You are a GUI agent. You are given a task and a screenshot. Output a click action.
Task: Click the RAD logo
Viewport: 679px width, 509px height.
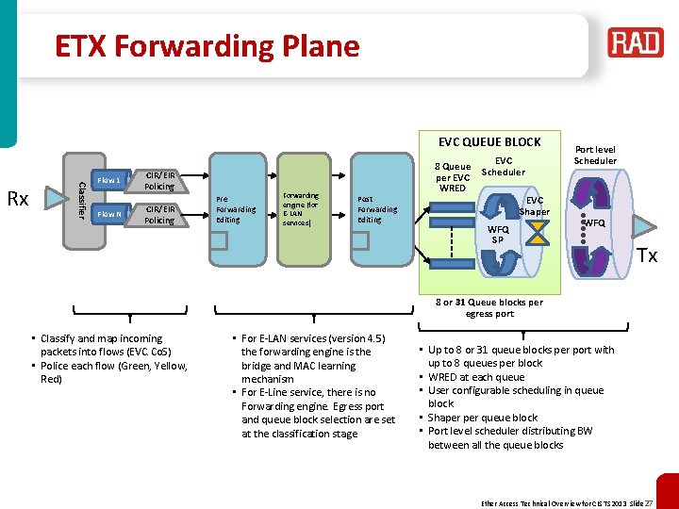[x=635, y=42]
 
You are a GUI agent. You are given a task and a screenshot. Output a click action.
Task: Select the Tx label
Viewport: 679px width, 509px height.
[x=646, y=255]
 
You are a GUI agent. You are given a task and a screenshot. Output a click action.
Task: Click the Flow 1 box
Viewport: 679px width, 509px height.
[x=109, y=180]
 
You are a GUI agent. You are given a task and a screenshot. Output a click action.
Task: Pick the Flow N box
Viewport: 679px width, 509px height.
[x=109, y=215]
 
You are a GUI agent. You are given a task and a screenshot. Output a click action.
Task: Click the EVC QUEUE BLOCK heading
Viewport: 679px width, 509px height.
[x=489, y=141]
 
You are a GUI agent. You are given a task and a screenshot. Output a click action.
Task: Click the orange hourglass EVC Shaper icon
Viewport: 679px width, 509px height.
[x=536, y=232]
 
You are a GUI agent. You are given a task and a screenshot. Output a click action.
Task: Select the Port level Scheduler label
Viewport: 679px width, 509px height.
[x=595, y=155]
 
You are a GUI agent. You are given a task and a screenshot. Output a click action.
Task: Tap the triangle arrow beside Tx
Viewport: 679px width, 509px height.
[x=644, y=227]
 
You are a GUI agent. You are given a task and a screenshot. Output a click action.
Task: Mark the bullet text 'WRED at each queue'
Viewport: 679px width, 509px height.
[x=476, y=377]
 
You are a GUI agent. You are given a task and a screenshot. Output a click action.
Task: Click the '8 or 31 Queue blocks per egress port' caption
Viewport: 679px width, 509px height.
[x=489, y=307]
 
